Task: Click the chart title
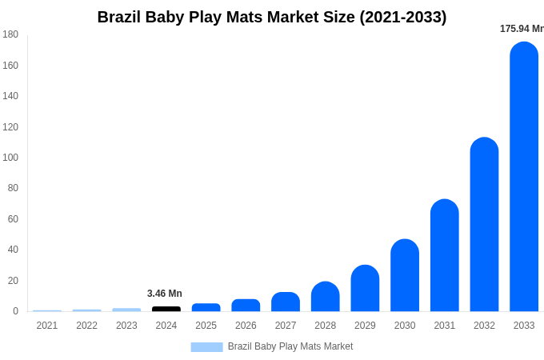point(272,17)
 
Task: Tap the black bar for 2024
point(166,309)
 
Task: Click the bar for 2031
point(445,255)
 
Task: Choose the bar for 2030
point(405,275)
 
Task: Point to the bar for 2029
point(365,288)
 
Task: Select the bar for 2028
point(326,297)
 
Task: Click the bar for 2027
point(286,302)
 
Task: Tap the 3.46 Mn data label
point(165,294)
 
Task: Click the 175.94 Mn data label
point(522,29)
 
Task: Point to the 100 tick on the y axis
point(10,158)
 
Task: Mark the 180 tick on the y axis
point(10,34)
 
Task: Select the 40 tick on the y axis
point(12,250)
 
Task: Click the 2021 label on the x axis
point(47,326)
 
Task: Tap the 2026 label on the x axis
point(246,326)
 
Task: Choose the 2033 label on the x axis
point(524,326)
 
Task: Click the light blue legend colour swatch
point(206,347)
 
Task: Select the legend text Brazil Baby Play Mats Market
point(290,346)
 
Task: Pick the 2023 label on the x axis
point(126,326)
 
